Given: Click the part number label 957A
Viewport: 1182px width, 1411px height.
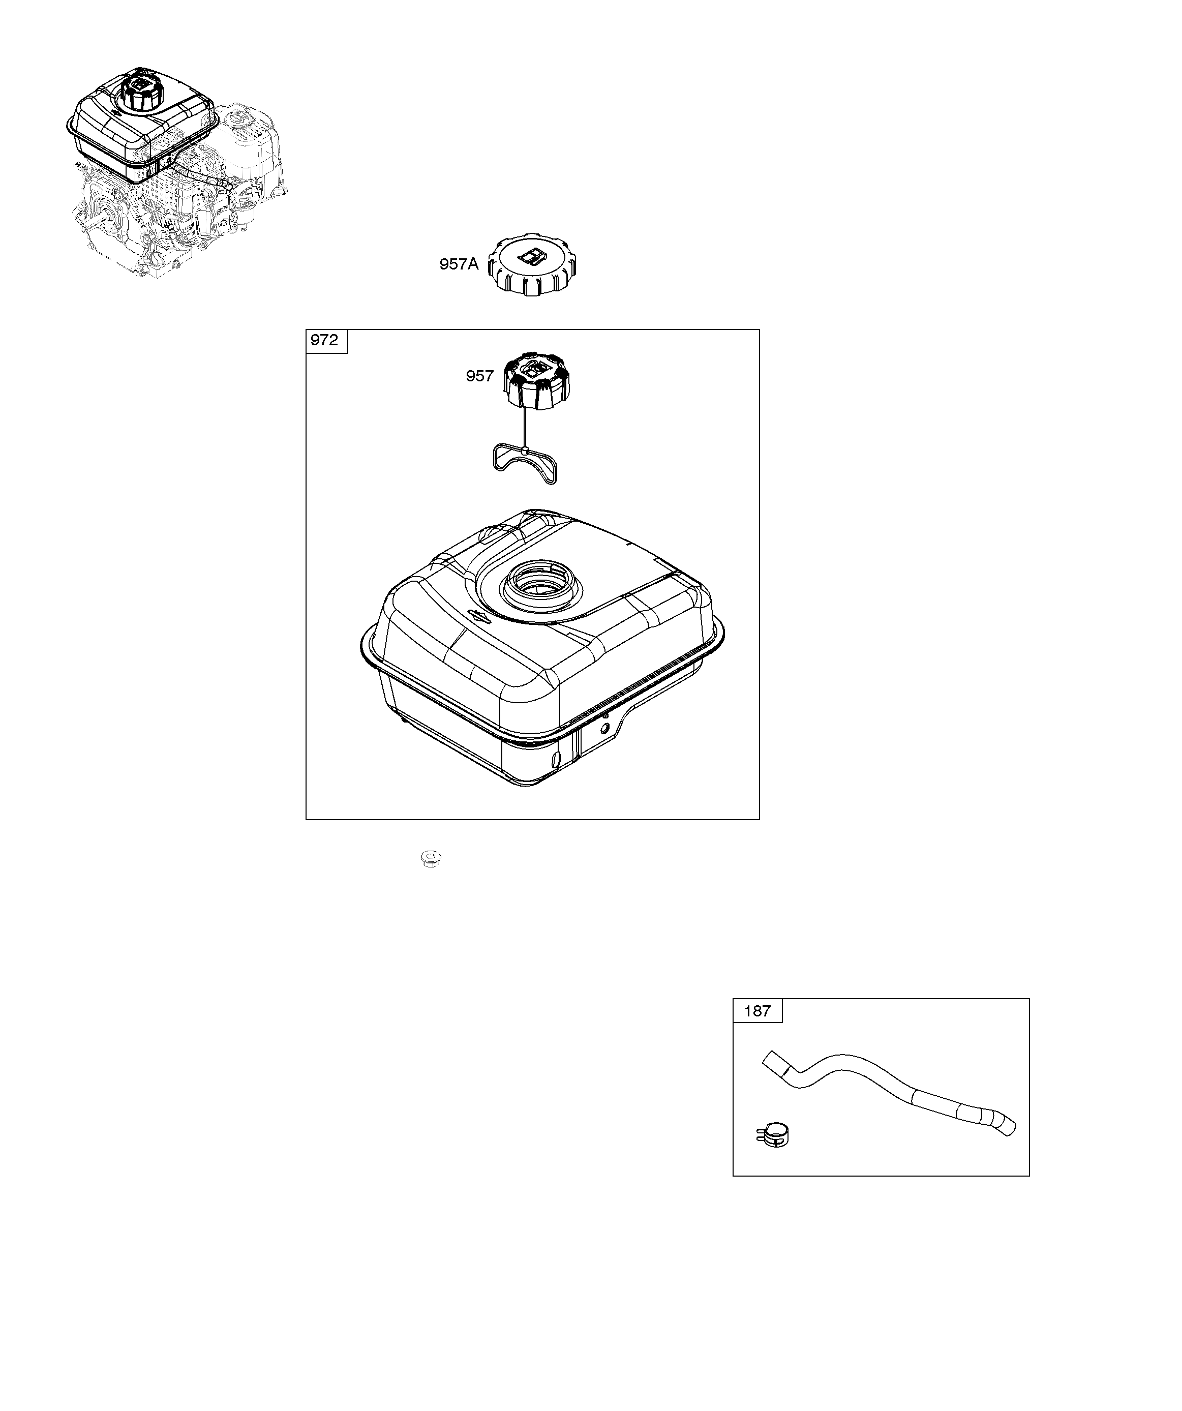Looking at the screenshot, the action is [x=459, y=264].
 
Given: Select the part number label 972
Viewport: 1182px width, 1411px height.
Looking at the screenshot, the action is [x=324, y=340].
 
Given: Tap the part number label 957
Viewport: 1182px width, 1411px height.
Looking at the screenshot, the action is [x=480, y=376].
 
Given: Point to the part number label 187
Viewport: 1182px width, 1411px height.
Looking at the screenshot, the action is [x=757, y=1030].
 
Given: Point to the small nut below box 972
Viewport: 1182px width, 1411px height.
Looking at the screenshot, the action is [x=431, y=859].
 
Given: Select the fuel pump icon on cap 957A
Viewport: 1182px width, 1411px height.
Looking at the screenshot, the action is [x=531, y=255].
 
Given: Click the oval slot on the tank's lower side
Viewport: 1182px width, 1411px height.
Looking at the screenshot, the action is [x=555, y=759].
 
